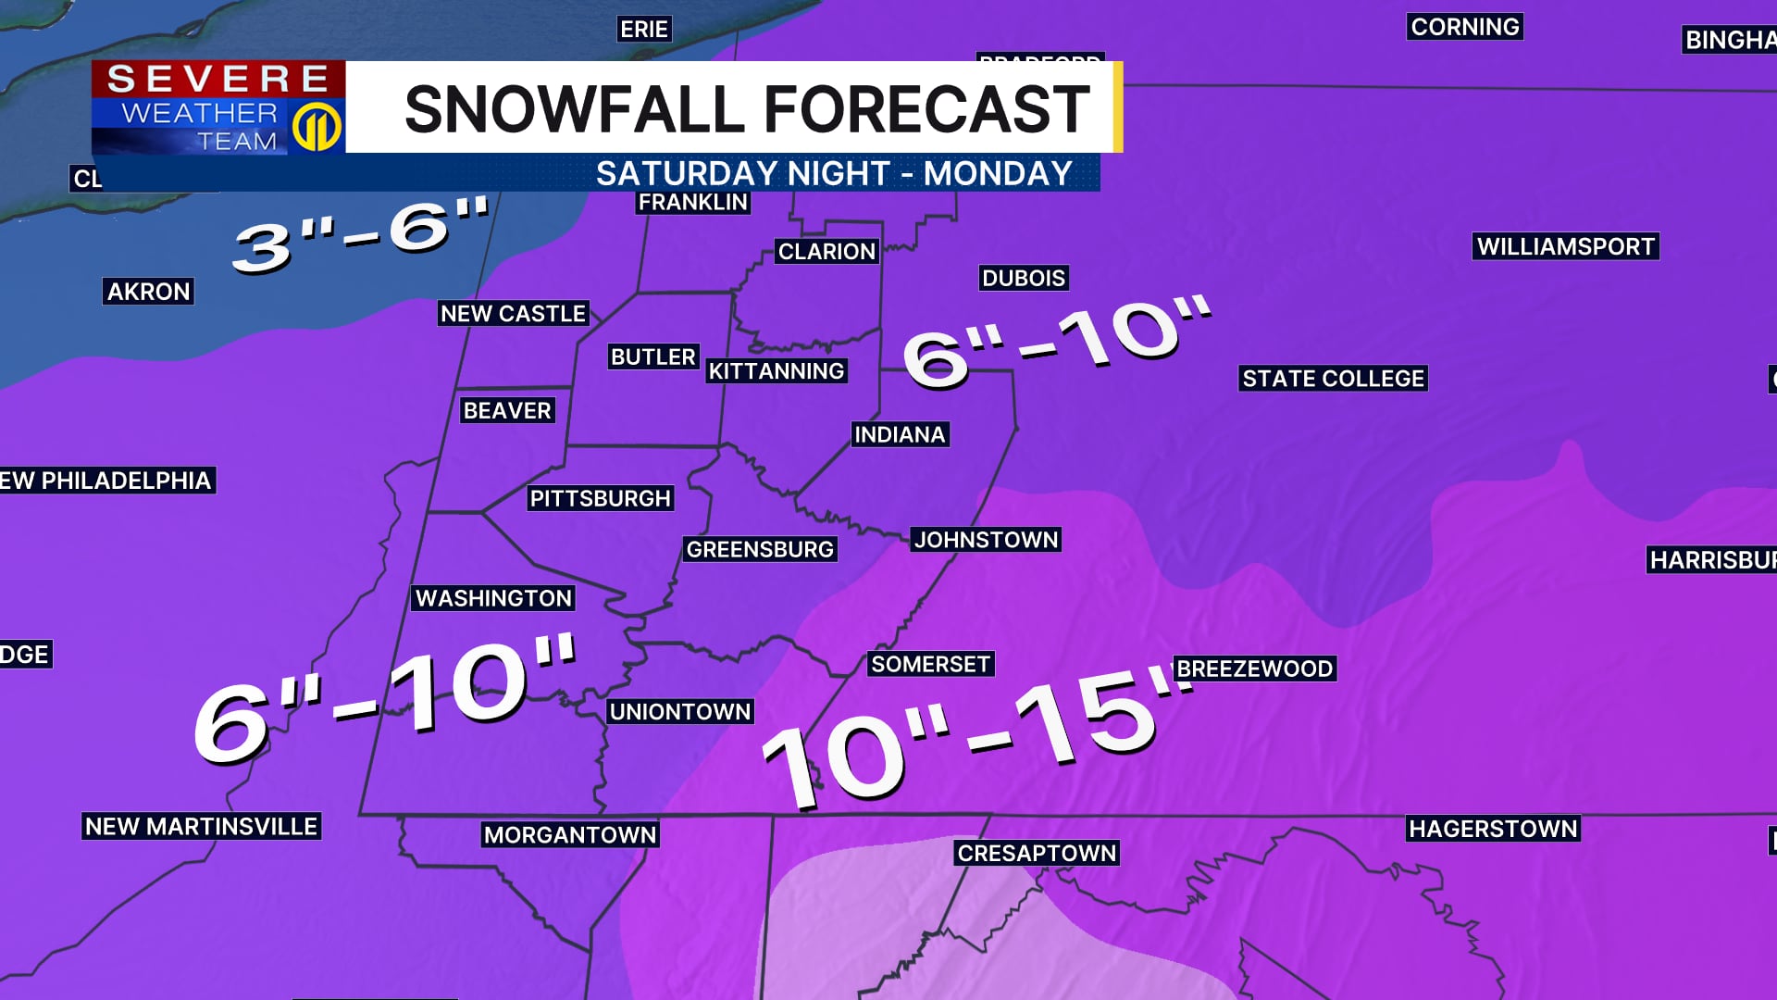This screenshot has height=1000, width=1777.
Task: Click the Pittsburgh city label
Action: click(600, 498)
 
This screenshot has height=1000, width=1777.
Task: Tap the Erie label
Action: click(643, 30)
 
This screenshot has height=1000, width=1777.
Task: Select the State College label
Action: click(1333, 379)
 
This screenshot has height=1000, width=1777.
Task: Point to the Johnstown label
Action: click(986, 540)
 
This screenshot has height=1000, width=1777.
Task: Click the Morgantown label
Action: click(570, 835)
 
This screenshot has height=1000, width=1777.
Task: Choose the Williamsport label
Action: click(1565, 246)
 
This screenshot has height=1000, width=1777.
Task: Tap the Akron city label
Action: click(148, 292)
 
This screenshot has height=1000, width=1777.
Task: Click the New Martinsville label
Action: click(201, 826)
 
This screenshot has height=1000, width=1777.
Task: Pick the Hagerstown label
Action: click(1493, 829)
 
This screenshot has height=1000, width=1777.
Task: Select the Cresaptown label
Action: click(1037, 853)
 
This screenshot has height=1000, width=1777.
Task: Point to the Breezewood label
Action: click(1254, 669)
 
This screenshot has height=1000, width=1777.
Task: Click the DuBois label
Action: click(1024, 278)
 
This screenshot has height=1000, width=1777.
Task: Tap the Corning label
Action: click(1465, 27)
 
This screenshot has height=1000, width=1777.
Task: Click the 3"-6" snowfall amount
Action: click(361, 236)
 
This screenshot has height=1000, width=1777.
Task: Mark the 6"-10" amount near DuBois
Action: click(1055, 343)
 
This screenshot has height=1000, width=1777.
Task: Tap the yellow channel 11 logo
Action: click(317, 127)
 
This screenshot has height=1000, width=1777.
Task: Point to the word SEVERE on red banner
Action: click(218, 80)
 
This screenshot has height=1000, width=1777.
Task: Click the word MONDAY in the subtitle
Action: click(998, 174)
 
